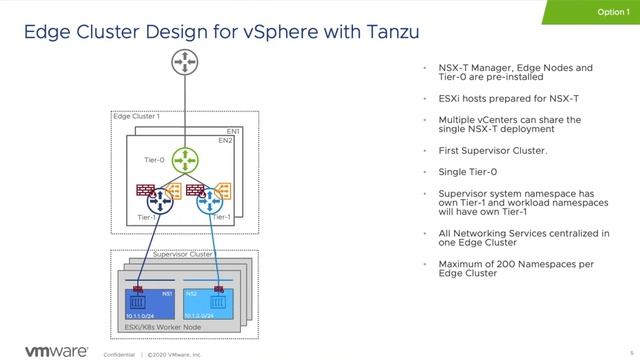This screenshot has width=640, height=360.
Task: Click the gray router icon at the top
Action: (185, 65)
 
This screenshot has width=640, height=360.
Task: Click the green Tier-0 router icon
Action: (185, 159)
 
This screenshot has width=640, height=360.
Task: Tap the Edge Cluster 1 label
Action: (136, 117)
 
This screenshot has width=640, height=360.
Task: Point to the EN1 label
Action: (233, 132)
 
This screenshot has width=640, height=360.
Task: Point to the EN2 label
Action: (225, 141)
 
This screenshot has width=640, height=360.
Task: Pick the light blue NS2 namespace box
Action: (210, 302)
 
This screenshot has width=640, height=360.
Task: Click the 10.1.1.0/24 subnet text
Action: (145, 315)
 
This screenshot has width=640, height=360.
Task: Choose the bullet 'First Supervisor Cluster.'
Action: (493, 150)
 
